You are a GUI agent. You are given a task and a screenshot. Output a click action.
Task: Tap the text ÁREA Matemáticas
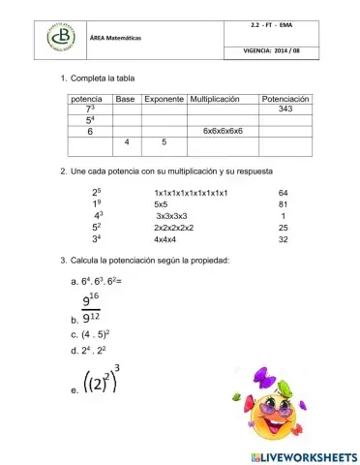(x=115, y=37)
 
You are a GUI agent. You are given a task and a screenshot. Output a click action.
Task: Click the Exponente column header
(x=164, y=99)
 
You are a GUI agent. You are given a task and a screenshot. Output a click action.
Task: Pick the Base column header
(x=125, y=99)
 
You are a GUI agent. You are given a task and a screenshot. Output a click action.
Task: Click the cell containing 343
(x=285, y=109)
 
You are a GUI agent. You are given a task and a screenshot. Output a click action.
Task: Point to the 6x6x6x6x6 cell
(x=224, y=130)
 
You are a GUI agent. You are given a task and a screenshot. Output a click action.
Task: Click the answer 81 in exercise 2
(x=283, y=205)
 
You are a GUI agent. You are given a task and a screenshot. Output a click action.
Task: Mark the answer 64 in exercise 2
(x=283, y=193)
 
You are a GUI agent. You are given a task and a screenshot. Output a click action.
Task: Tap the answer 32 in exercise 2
(x=283, y=239)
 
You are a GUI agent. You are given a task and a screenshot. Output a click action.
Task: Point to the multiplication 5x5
(x=161, y=205)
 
